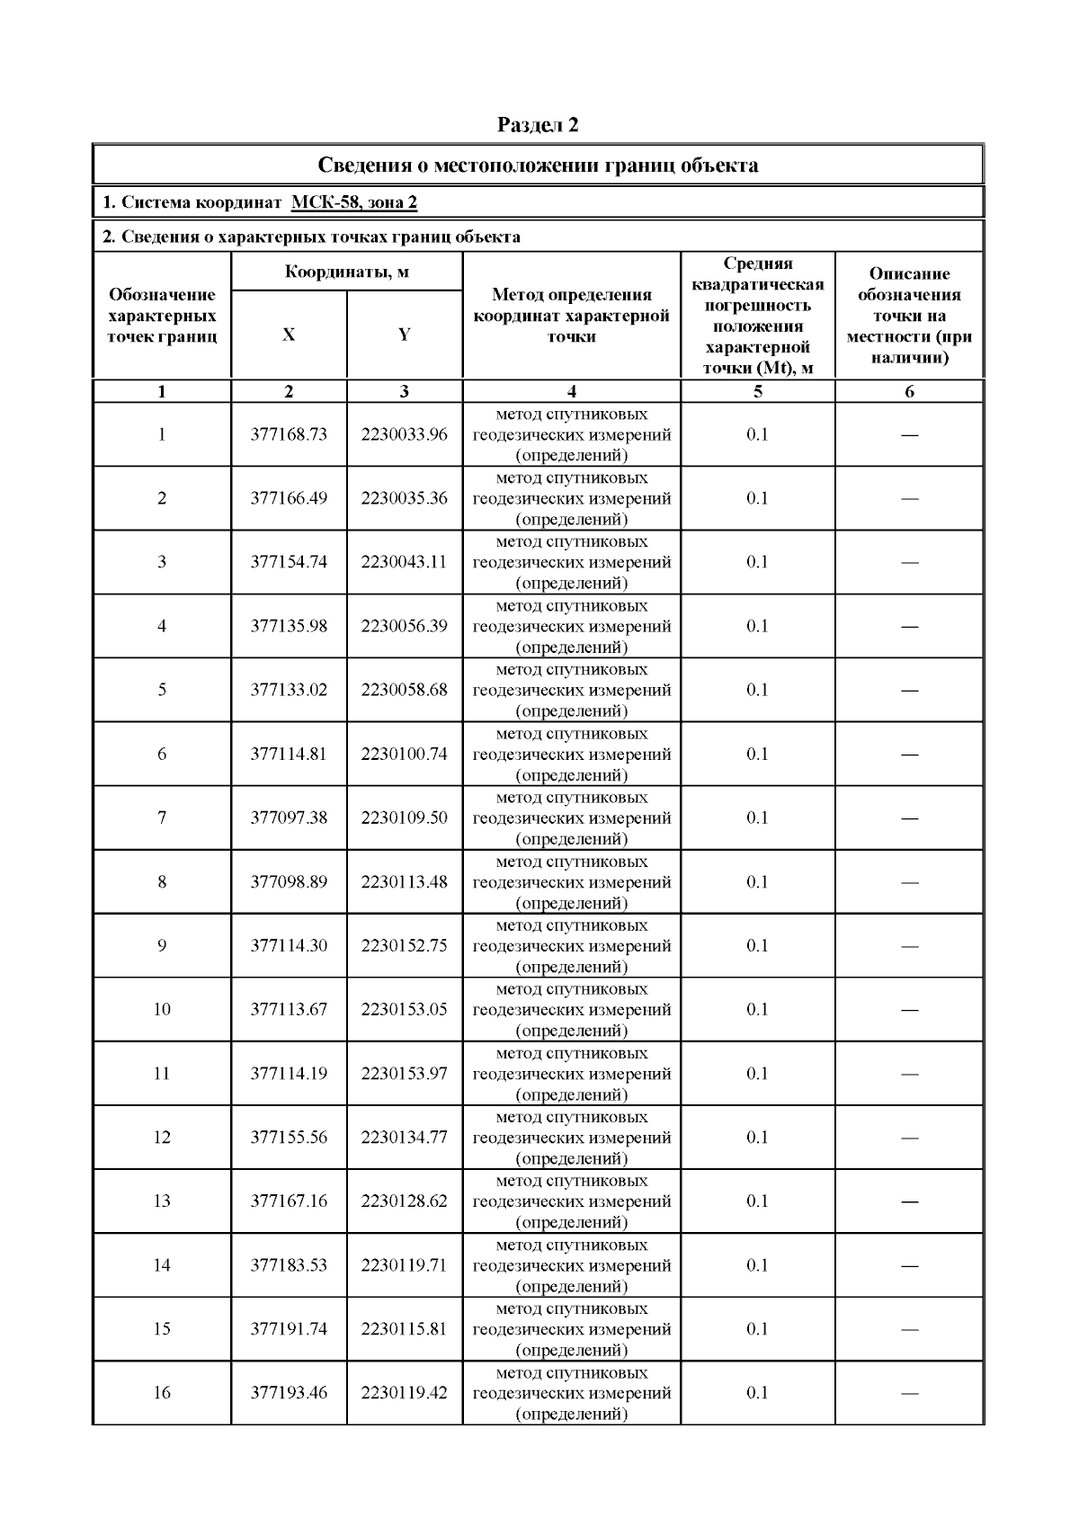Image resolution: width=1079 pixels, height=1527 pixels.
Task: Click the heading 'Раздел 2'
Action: click(x=538, y=125)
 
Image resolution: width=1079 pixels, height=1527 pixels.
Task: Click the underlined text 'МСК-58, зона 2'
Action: click(x=354, y=202)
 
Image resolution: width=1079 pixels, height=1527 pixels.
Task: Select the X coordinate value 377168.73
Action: click(x=289, y=434)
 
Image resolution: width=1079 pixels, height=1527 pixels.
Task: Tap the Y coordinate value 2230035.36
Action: click(x=404, y=498)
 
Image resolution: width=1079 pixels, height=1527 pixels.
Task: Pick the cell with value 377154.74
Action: click(x=289, y=562)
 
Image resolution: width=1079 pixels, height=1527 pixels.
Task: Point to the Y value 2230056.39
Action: click(x=404, y=626)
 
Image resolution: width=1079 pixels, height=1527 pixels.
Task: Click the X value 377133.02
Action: click(x=289, y=690)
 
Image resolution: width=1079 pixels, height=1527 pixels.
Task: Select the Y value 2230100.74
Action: click(x=404, y=754)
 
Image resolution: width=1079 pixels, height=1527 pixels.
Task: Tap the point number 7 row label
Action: click(x=162, y=817)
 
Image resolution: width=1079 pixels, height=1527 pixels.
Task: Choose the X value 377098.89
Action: click(x=289, y=881)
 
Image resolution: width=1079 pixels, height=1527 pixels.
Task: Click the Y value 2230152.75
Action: click(x=404, y=945)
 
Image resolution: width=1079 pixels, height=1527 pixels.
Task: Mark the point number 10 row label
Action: click(x=162, y=1009)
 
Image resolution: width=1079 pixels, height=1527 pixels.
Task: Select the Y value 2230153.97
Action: click(x=404, y=1073)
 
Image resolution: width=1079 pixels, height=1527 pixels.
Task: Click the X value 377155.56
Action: click(x=289, y=1137)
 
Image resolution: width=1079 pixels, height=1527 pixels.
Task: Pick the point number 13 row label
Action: click(x=162, y=1201)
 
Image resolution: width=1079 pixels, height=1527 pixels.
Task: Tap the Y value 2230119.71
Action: click(x=404, y=1265)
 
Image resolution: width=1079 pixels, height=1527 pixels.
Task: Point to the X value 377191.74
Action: click(x=289, y=1329)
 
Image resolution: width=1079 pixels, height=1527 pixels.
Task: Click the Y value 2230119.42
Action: click(x=404, y=1393)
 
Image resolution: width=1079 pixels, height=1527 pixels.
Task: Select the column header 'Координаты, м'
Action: click(x=347, y=272)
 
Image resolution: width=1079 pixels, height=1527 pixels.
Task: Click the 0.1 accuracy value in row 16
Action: click(x=757, y=1393)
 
